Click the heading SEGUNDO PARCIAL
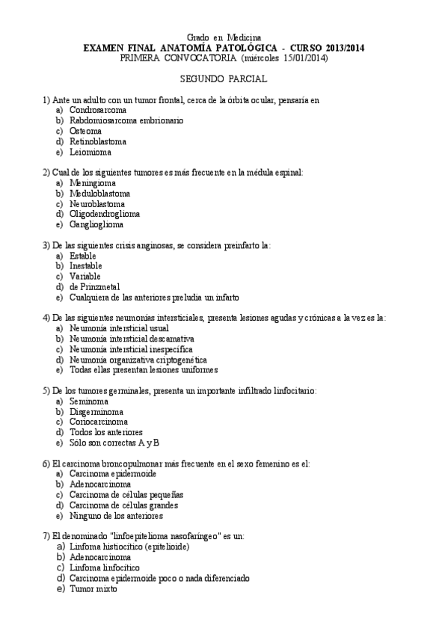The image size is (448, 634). coord(224,79)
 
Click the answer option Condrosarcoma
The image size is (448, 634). coord(98,110)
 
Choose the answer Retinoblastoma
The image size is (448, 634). coord(98,141)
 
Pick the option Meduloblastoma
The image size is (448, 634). coord(99,193)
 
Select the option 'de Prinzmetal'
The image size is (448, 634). coord(95,286)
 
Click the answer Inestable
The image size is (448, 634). coord(86,265)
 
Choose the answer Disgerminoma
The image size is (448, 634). coord(96,411)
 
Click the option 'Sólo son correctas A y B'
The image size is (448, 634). coord(114,443)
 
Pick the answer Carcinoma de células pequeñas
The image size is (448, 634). coord(126,494)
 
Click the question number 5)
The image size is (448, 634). coord(46,390)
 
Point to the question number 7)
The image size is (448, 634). coord(46,536)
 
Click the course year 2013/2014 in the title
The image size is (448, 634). coord(338,47)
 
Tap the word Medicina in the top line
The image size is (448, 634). coord(245,37)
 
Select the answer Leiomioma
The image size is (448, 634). coord(90,152)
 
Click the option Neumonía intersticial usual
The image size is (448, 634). coord(114,327)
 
